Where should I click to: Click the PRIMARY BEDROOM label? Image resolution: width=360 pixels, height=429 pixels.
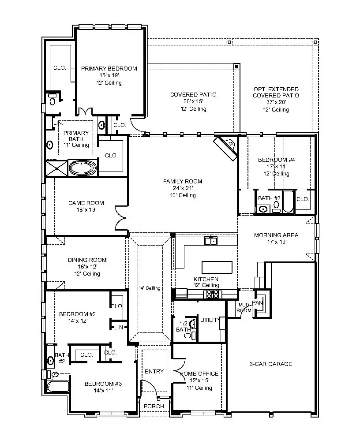pos(109,69)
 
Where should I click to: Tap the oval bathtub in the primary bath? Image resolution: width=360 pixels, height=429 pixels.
pos(83,168)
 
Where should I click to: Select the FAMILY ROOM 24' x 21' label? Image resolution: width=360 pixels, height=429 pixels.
pos(183,181)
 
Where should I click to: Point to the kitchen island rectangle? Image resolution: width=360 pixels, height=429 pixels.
pos(217,267)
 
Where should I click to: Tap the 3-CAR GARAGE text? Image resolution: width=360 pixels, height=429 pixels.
pos(271,364)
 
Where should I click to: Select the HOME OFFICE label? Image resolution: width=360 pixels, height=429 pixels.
pos(199,374)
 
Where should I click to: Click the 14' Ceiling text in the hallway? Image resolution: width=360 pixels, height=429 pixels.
pos(150,288)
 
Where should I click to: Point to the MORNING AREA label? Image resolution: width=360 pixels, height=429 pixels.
pos(276,235)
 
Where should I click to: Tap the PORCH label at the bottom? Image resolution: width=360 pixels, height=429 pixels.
pos(154,406)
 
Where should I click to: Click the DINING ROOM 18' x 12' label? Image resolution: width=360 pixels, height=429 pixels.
pos(87,260)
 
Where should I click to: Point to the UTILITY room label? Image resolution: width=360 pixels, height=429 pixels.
pos(209,320)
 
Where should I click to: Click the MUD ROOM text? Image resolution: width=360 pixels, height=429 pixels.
pos(244,307)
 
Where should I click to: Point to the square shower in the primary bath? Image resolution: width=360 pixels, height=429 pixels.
pos(56,168)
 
